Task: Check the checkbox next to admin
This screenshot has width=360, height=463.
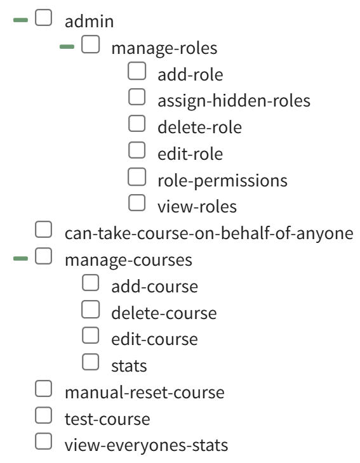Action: [43, 18]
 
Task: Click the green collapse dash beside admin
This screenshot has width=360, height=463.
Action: [21, 20]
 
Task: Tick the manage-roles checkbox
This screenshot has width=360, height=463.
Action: [90, 44]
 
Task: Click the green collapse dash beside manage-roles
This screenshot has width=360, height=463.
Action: [67, 47]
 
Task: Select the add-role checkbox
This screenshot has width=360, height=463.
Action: [137, 71]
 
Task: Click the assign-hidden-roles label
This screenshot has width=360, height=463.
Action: [234, 101]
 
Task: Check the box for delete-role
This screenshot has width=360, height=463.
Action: [137, 124]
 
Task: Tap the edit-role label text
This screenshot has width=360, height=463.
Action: [190, 154]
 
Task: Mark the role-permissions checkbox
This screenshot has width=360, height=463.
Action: [137, 177]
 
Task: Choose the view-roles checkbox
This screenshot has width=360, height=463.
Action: [137, 203]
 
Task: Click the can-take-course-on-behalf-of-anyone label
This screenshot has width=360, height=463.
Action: [209, 233]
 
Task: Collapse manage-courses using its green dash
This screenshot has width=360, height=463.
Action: [21, 259]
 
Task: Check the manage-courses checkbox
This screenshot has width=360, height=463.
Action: [43, 256]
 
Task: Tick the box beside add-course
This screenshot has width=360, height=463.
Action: [90, 283]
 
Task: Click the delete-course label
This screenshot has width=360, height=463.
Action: [164, 313]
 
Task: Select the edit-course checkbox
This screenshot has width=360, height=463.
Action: [90, 336]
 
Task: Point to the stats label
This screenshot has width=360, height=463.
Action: [129, 366]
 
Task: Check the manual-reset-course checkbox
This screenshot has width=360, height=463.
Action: [43, 389]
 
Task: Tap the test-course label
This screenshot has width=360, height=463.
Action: [107, 419]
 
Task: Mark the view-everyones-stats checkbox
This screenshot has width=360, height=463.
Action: [43, 441]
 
